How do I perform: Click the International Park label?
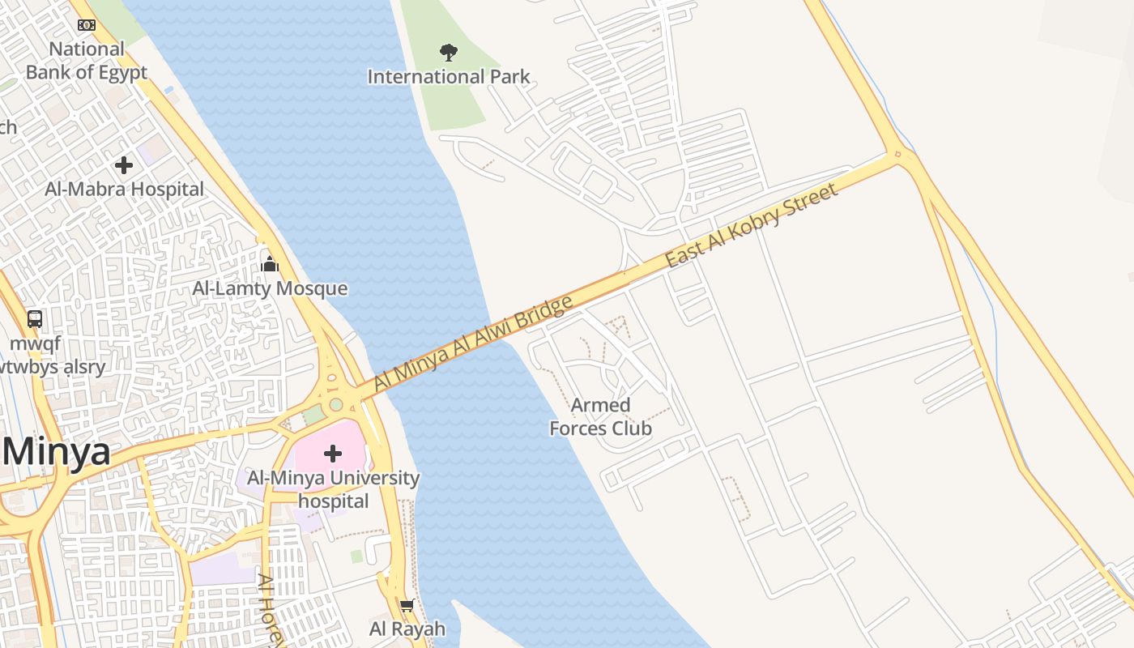[449, 77]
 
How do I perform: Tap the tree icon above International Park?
[449, 53]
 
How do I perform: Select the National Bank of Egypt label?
[87, 61]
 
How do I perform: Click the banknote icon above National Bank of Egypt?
[87, 25]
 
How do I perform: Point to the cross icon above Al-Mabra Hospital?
[124, 165]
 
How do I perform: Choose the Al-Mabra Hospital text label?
[125, 190]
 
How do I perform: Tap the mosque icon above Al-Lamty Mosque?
[270, 264]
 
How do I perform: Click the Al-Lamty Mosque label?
[270, 288]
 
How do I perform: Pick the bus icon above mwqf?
[35, 319]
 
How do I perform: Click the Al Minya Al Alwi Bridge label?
[474, 343]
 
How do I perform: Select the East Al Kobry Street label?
[751, 227]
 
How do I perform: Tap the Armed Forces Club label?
[600, 416]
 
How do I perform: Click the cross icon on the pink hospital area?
[333, 454]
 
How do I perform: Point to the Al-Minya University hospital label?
[333, 489]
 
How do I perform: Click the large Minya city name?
[55, 451]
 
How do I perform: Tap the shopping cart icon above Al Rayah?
[407, 606]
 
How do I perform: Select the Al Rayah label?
[407, 629]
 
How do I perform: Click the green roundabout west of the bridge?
[336, 404]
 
